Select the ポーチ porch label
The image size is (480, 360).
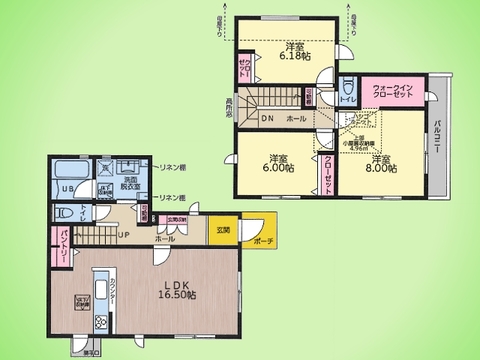(x=263, y=240)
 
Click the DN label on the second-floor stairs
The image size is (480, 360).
(x=265, y=118)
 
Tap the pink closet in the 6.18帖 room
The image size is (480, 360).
(x=243, y=75)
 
